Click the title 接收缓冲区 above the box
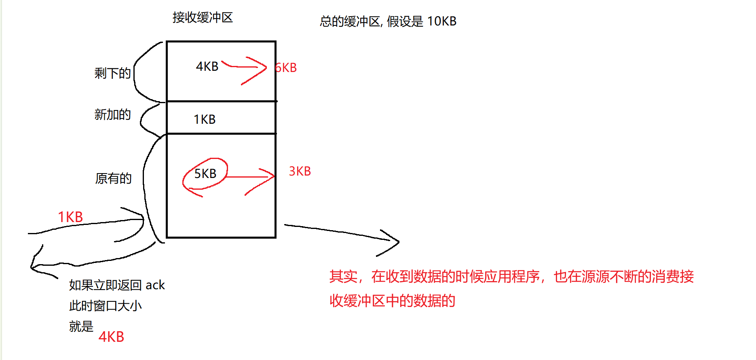coord(203,17)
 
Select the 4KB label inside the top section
coord(207,66)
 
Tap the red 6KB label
coord(286,68)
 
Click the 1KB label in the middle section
coord(205,119)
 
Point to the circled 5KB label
coord(205,174)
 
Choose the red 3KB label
coord(300,171)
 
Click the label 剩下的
coord(112,73)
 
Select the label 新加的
coord(112,114)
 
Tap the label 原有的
coord(113,178)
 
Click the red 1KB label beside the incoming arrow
coord(70,217)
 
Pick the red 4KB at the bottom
coord(111,337)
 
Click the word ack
coord(155,285)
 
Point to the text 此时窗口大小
coord(105,305)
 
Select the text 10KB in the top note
coord(441,21)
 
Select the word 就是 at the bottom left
coord(81,326)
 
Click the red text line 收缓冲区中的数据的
coord(392,301)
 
